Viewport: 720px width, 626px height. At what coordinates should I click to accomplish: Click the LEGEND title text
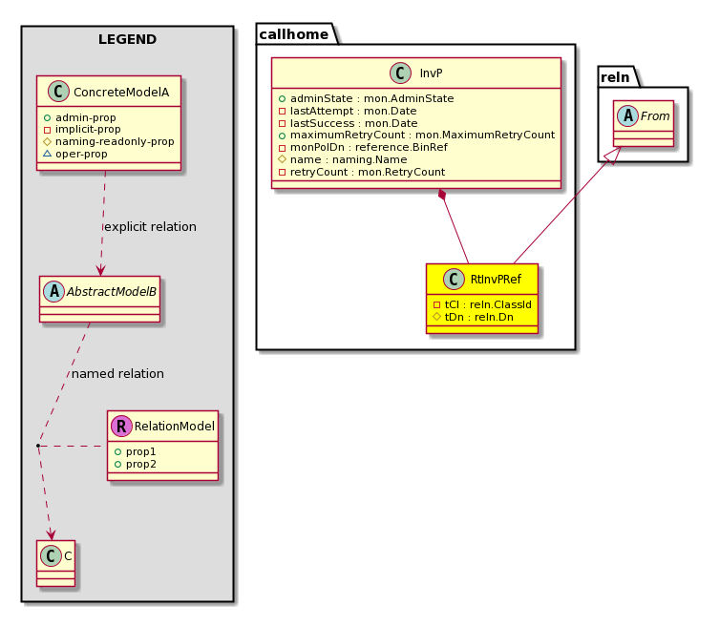(127, 39)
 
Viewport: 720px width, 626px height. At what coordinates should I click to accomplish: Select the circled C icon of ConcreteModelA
(58, 91)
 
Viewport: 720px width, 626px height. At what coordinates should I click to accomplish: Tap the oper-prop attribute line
(75, 155)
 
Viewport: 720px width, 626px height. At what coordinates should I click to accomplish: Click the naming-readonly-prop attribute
(109, 142)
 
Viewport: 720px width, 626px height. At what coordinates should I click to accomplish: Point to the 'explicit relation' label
(151, 227)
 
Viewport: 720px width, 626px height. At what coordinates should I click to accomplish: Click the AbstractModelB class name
(112, 292)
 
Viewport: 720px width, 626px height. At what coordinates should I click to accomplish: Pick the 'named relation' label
(117, 374)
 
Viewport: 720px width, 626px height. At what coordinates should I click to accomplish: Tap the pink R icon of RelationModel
(121, 426)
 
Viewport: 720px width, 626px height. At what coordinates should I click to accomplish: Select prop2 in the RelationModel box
(136, 465)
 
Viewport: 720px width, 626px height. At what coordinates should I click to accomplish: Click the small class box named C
(56, 563)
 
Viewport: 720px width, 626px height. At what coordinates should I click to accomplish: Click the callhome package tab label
(294, 34)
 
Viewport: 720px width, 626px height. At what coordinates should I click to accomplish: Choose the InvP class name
(431, 73)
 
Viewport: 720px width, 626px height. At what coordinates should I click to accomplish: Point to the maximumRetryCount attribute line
(416, 135)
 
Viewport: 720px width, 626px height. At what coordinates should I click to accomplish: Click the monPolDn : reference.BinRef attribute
(363, 147)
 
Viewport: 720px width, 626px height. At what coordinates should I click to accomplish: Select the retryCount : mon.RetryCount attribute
(362, 172)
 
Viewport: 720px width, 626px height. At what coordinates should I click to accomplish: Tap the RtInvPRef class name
(496, 279)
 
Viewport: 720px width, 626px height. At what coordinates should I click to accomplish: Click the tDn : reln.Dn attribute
(474, 317)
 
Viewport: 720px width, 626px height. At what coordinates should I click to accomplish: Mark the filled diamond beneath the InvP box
(442, 195)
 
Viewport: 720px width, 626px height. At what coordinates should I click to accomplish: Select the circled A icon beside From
(627, 115)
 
